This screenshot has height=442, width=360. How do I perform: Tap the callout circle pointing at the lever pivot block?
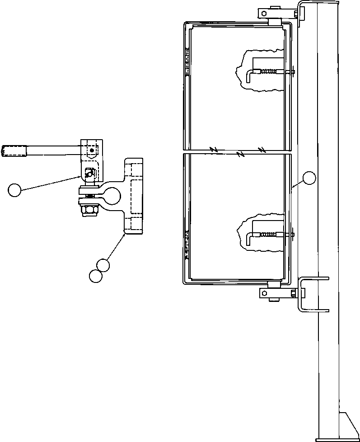coord(14,190)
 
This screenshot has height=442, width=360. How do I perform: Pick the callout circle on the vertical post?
coord(309,178)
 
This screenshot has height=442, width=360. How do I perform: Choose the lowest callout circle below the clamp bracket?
coord(95,276)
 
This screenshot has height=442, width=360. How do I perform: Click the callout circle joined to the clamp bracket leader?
coord(104,265)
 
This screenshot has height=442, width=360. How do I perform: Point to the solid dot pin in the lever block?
coord(92,150)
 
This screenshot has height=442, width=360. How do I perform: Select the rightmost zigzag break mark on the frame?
coord(262,149)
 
